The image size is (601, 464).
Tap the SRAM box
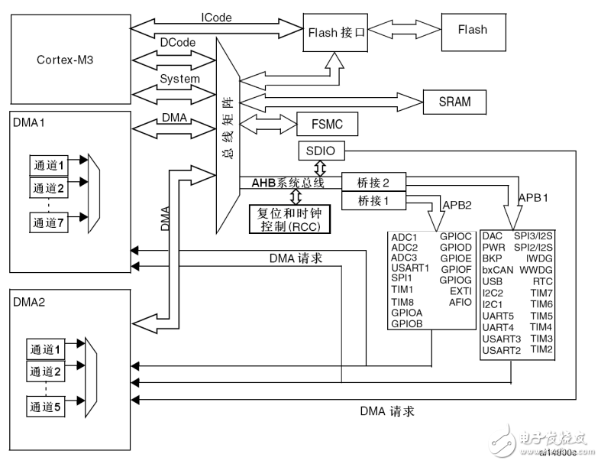coord(454,101)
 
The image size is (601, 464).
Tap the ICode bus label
coord(216,17)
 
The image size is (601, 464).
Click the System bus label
coord(179,79)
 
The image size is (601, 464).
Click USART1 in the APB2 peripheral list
coord(410,268)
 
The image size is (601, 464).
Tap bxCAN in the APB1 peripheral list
coord(498,270)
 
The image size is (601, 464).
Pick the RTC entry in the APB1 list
coord(542,281)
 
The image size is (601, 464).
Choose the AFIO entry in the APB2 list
coord(460,302)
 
